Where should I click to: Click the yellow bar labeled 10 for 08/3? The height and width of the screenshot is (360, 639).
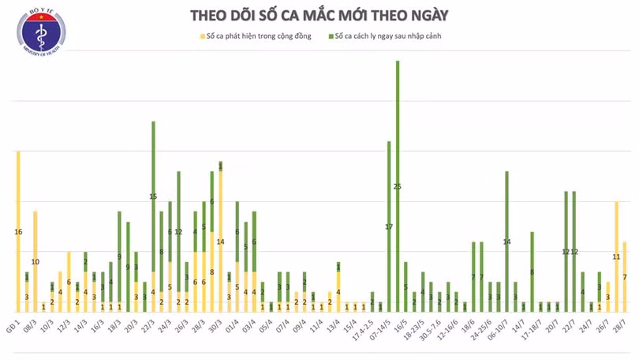pyautogui.click(x=35, y=261)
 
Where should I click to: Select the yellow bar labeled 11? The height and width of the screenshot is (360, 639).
pyautogui.click(x=616, y=256)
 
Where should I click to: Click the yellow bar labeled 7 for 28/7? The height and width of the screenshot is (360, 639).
pyautogui.click(x=625, y=276)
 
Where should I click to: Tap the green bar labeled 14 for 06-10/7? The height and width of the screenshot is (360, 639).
pyautogui.click(x=506, y=241)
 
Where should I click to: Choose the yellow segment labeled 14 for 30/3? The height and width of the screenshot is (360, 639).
pyautogui.click(x=221, y=241)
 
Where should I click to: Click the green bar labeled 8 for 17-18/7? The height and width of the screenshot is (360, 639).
pyautogui.click(x=532, y=272)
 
